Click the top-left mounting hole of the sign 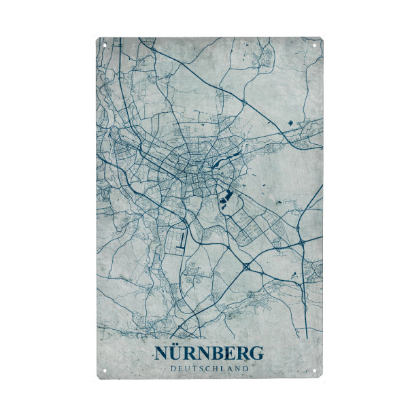click(105, 46)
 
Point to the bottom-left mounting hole click(105, 371)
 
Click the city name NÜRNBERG click(209, 354)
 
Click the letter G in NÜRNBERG click(255, 354)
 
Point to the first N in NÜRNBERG click(162, 354)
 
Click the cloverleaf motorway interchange click(245, 268)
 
